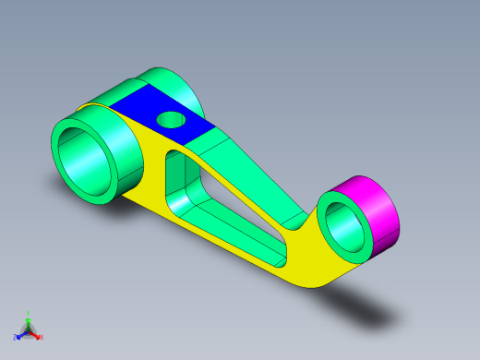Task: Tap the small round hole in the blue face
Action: point(171,119)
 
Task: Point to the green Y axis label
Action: point(29,314)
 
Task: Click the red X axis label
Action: point(41,337)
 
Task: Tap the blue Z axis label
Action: point(16,337)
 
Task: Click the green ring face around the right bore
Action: point(327,235)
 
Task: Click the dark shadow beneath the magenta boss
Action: point(369,305)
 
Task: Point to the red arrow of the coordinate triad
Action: point(35,334)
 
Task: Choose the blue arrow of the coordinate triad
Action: point(21,334)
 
